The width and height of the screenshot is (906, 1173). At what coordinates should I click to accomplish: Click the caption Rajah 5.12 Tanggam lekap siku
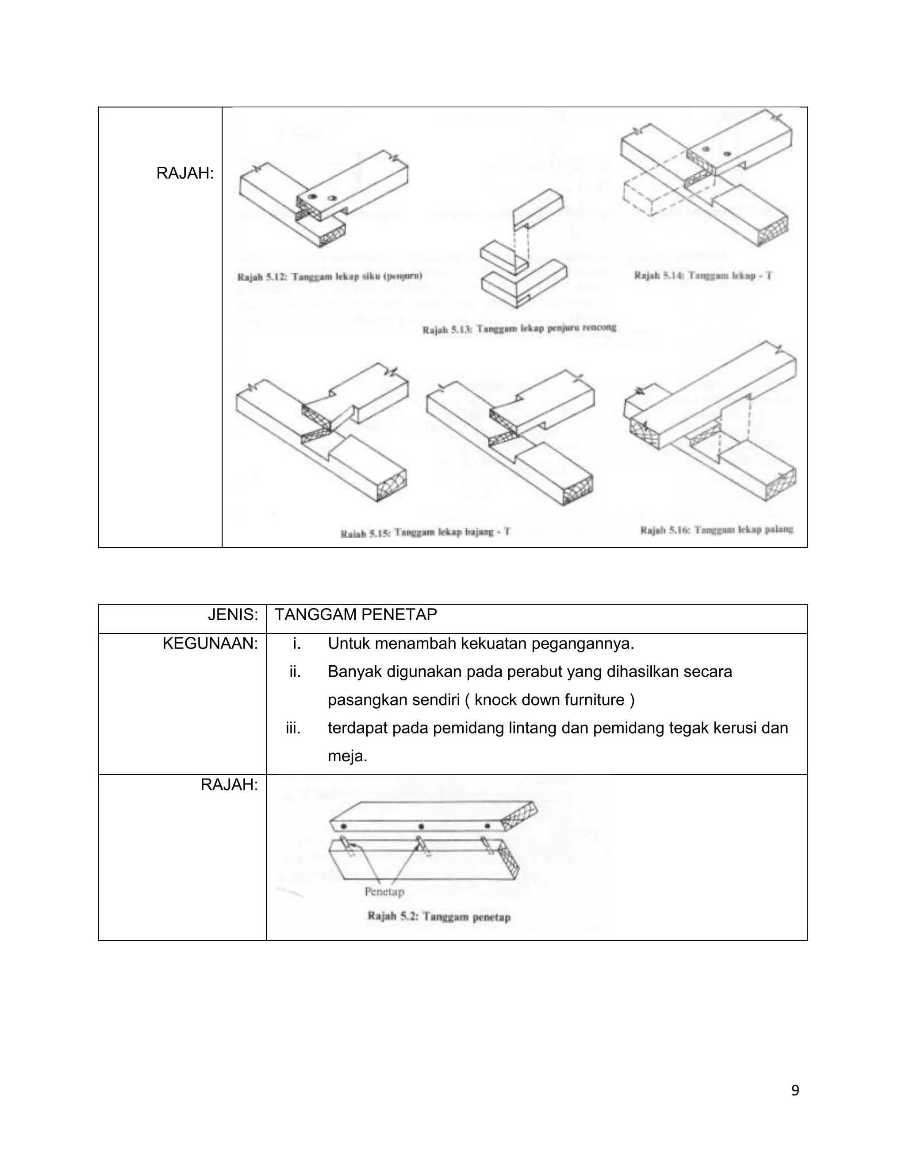point(330,277)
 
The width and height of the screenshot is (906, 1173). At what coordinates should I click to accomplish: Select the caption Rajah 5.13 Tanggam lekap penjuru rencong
point(519,328)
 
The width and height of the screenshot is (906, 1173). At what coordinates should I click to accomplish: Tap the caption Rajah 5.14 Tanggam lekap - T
point(703,275)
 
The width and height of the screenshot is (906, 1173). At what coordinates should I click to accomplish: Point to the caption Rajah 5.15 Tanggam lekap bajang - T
point(425,533)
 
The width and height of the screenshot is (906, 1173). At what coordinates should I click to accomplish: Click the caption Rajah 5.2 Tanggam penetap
point(438,916)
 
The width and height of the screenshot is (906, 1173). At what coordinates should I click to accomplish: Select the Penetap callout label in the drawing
point(384,891)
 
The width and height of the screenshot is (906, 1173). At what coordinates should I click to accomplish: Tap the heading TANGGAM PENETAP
point(355,614)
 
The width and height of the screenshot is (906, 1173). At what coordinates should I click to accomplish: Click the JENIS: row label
point(232,614)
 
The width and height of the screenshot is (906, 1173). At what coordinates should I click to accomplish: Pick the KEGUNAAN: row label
point(210,644)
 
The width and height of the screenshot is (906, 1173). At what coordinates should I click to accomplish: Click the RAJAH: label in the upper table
point(184,174)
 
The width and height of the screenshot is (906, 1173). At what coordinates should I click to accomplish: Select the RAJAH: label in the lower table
point(229,785)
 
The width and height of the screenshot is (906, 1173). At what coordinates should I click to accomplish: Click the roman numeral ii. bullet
point(295,671)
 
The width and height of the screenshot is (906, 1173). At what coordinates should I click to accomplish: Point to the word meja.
point(347,756)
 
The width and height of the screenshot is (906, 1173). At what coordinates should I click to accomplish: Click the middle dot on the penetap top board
point(421,826)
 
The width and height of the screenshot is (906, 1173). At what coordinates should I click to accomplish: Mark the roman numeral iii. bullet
point(292,728)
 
